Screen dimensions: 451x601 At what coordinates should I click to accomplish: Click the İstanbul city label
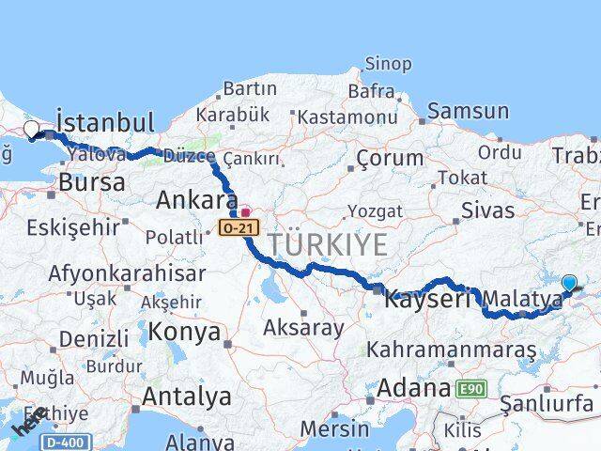[x=104, y=122]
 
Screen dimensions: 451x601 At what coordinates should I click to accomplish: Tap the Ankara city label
[x=197, y=199]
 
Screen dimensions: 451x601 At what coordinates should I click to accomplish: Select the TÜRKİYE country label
[x=328, y=245]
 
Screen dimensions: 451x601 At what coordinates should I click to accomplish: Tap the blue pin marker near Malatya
[x=569, y=283]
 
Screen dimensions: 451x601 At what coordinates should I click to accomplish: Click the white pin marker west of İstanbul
[x=31, y=130]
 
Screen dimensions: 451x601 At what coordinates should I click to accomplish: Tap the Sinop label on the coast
[x=387, y=64]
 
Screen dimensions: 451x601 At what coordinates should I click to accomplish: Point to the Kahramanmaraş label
[x=452, y=350]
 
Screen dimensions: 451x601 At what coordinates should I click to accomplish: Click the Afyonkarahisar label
[x=129, y=273]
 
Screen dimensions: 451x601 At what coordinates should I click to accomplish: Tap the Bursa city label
[x=92, y=181]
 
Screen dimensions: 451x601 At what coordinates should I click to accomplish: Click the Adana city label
[x=414, y=387]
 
